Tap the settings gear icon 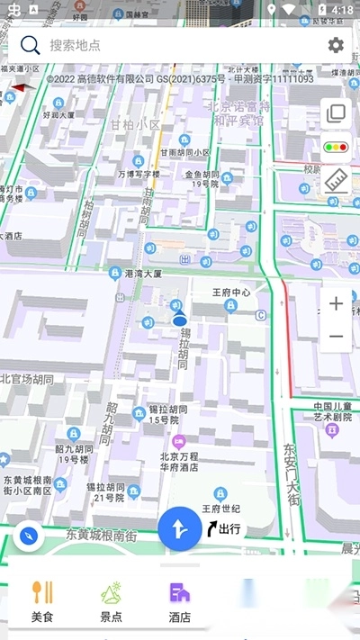pos(336,45)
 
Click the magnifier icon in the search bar pos(31,45)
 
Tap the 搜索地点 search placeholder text pos(76,45)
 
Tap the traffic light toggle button pos(336,147)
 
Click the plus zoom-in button pos(336,303)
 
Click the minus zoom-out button pos(336,337)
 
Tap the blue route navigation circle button pos(180,528)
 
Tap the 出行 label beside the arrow pos(229,528)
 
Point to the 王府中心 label pos(230,293)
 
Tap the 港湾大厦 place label pos(143,273)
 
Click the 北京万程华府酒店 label pos(179,462)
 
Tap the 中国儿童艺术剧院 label pos(332,411)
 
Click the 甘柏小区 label pos(136,125)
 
